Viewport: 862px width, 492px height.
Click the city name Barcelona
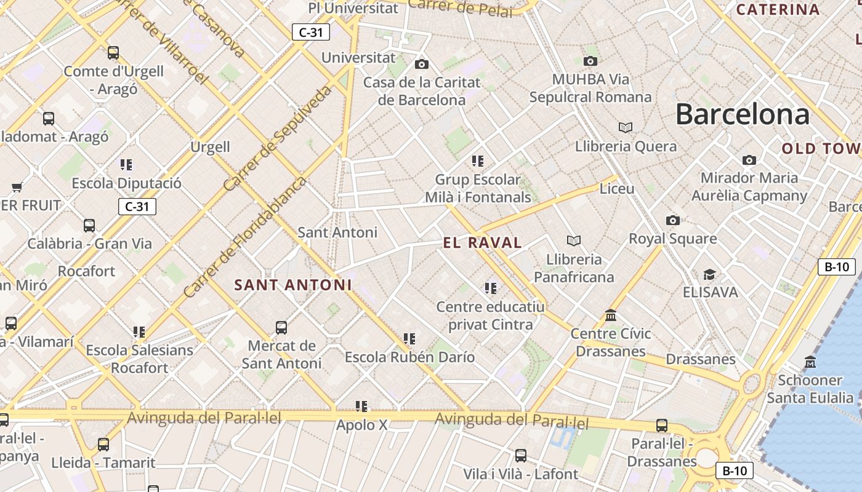(x=742, y=115)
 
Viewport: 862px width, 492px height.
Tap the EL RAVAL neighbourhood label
(x=482, y=243)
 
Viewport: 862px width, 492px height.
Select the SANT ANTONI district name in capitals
(x=293, y=285)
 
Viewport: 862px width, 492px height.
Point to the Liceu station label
(x=616, y=189)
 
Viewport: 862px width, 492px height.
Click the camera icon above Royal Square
(x=672, y=220)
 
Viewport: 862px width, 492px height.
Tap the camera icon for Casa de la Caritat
(x=422, y=64)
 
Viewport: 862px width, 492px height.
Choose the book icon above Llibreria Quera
(x=626, y=127)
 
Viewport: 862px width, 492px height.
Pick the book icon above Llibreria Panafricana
(x=574, y=240)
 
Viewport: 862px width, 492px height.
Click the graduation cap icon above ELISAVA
(x=710, y=274)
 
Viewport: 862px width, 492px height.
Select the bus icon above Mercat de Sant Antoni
(x=281, y=327)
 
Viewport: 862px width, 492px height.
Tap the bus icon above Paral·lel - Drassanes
(x=662, y=425)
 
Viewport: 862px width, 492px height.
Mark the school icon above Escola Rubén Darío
(x=409, y=338)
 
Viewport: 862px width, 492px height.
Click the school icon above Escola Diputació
(x=126, y=164)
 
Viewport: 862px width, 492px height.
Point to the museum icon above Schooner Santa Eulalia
(x=810, y=362)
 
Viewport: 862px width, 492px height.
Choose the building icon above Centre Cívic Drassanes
(x=611, y=315)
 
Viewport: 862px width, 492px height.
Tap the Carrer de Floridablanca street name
(x=244, y=237)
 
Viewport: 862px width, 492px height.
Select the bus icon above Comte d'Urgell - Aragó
(x=113, y=53)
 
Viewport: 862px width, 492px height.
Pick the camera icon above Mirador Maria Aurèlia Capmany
(x=749, y=160)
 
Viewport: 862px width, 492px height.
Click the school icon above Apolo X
(x=361, y=407)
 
